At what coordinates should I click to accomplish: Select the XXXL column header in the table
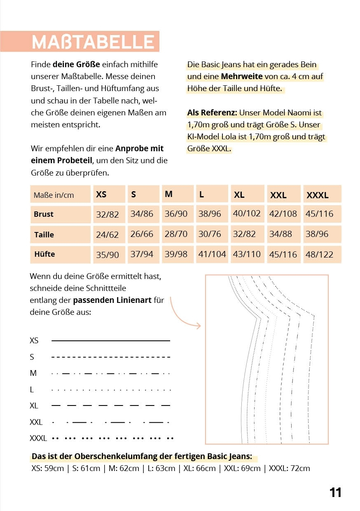[317, 195]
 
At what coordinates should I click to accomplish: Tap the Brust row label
[44, 214]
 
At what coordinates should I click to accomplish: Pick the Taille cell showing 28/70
[176, 234]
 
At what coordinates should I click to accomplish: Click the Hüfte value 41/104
[212, 254]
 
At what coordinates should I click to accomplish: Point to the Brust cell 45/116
[319, 214]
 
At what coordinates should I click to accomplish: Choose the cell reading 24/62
[107, 235]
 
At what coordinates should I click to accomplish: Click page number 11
[335, 492]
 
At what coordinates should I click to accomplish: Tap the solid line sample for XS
[110, 341]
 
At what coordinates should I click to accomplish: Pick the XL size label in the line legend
[34, 406]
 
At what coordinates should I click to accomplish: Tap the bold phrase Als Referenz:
[212, 113]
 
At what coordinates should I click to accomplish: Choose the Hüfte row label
[44, 254]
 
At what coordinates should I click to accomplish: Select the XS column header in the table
[101, 195]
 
